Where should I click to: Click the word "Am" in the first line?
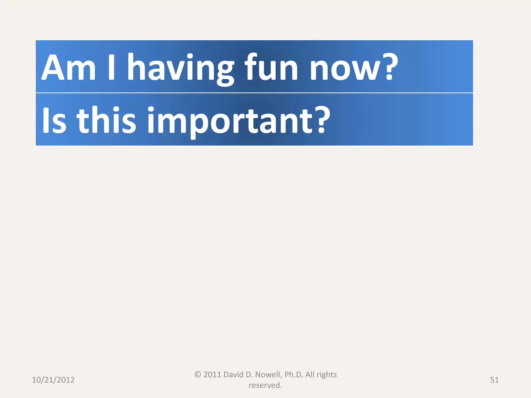(68, 68)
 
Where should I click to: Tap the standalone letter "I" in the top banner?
(111, 68)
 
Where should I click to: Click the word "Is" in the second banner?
(54, 121)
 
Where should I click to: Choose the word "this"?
(106, 120)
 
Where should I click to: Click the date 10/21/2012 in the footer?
(53, 380)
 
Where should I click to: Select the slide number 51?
(494, 380)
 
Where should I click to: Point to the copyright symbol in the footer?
(198, 374)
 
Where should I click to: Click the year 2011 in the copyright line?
(212, 375)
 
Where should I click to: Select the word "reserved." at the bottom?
(265, 385)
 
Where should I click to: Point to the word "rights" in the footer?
(327, 375)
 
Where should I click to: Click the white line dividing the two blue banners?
(254, 93)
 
